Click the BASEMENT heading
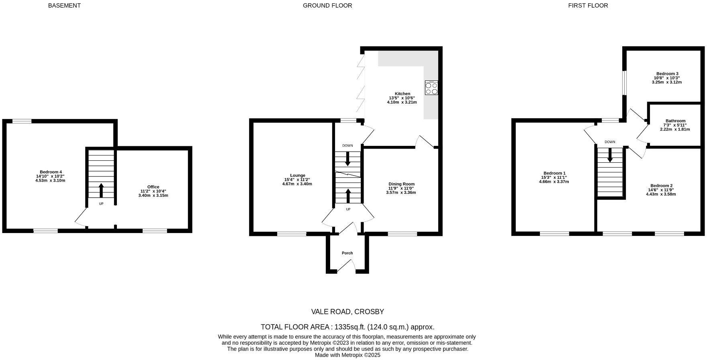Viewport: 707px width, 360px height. point(64,6)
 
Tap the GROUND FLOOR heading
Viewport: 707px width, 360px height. point(327,6)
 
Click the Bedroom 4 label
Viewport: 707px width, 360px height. point(51,172)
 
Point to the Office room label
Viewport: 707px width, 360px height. point(153,187)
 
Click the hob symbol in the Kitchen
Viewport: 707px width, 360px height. point(431,88)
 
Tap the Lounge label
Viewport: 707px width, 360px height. point(297,175)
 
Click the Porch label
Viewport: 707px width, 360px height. point(347,253)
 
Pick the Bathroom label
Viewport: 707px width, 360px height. point(675,121)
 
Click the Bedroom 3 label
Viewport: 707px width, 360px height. point(667,74)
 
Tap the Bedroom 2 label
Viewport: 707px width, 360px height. point(661,186)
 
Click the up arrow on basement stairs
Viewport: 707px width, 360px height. point(101,190)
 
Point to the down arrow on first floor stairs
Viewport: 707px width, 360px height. point(610,155)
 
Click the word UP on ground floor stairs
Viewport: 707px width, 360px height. point(348,209)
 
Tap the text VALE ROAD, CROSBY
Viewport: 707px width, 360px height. point(347,312)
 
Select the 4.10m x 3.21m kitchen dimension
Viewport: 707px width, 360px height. point(402,102)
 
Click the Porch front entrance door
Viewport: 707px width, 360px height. point(347,266)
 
